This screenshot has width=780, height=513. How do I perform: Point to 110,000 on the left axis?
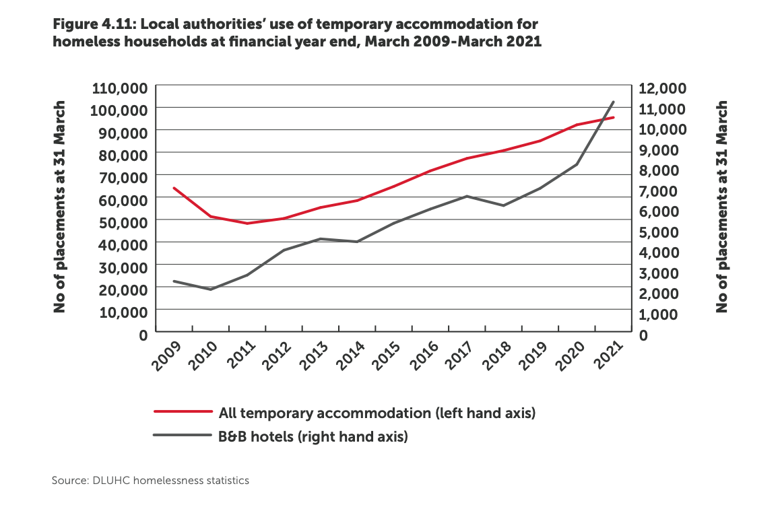pyautogui.click(x=119, y=88)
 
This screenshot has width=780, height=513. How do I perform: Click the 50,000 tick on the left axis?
pyautogui.click(x=123, y=221)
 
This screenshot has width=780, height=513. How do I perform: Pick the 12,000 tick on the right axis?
pyautogui.click(x=661, y=88)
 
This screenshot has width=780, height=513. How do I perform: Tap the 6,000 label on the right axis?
pyautogui.click(x=659, y=211)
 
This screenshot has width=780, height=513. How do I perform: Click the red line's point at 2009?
pyautogui.click(x=174, y=188)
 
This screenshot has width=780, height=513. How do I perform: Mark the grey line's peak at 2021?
pyautogui.click(x=613, y=102)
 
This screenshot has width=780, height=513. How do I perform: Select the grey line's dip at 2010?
pyautogui.click(x=211, y=289)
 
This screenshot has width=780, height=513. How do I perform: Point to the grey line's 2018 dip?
pyautogui.click(x=503, y=205)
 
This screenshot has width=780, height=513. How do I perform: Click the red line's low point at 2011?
pyautogui.click(x=247, y=224)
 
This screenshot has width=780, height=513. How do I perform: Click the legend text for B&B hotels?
pyautogui.click(x=313, y=436)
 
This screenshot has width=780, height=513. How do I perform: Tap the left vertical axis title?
pyautogui.click(x=59, y=207)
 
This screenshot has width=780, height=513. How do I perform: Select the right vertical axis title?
pyautogui.click(x=722, y=207)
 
